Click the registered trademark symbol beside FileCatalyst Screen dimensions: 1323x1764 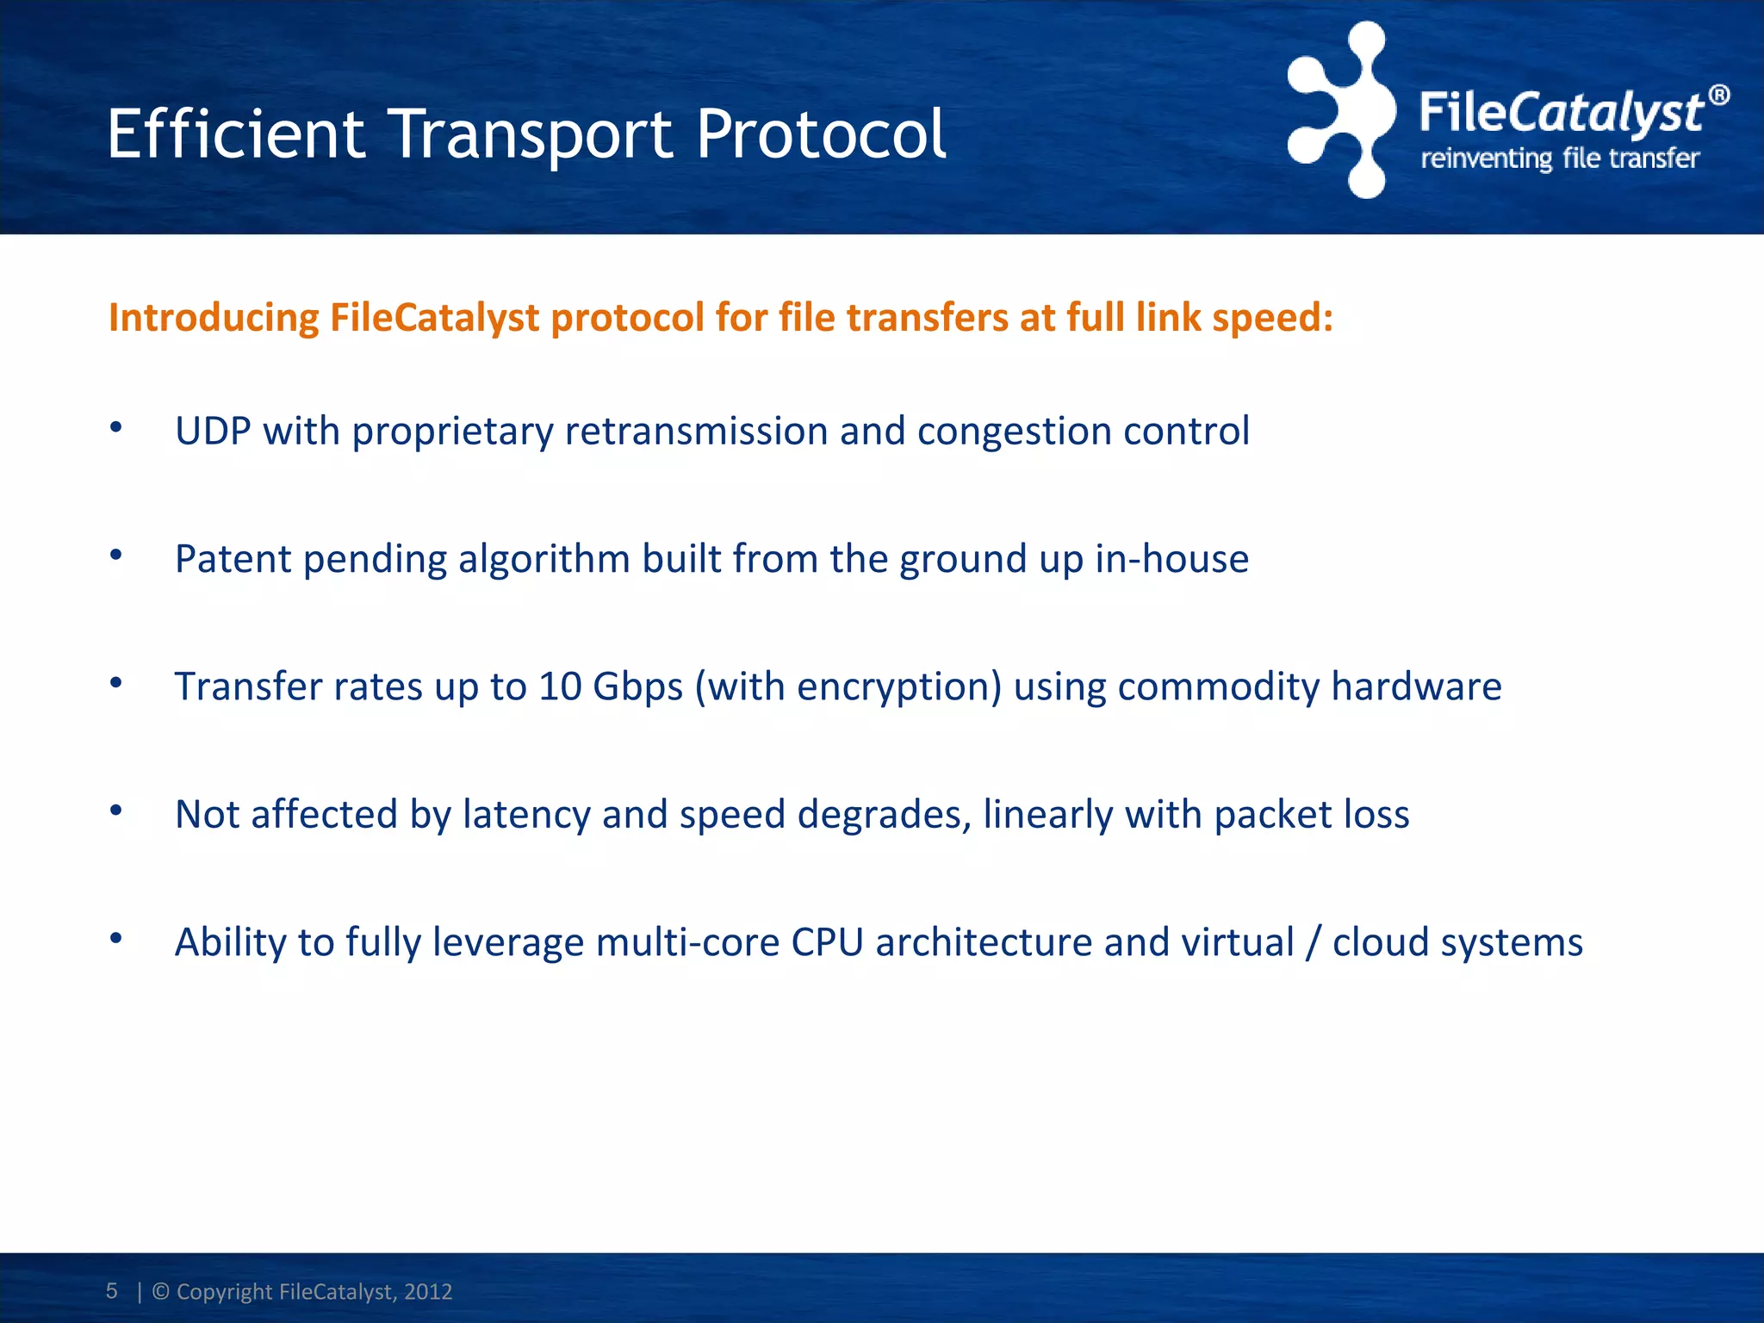click(1718, 96)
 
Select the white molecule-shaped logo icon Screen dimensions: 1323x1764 click(1340, 110)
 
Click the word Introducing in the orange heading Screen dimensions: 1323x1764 click(214, 318)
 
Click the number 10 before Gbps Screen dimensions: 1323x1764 click(561, 686)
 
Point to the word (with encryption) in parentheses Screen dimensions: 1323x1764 click(848, 687)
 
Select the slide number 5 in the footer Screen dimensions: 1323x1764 click(112, 1290)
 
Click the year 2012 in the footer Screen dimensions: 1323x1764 click(428, 1291)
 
